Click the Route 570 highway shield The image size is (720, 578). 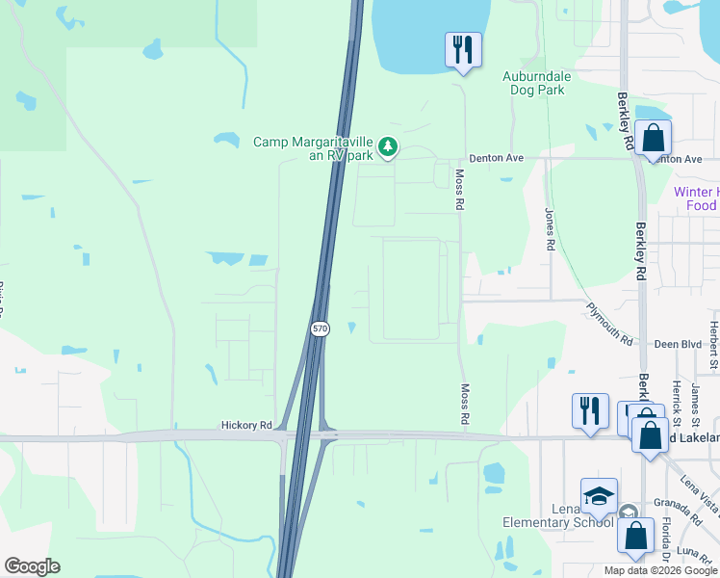(321, 328)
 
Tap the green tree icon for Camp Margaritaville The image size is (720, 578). (388, 147)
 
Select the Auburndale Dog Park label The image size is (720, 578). (533, 82)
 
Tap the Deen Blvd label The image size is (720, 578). (678, 344)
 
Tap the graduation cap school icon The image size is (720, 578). (599, 496)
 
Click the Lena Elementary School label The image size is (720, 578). (558, 515)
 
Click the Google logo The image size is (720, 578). (32, 566)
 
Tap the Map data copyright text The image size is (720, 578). (661, 570)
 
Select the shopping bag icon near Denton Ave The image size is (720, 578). (654, 139)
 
